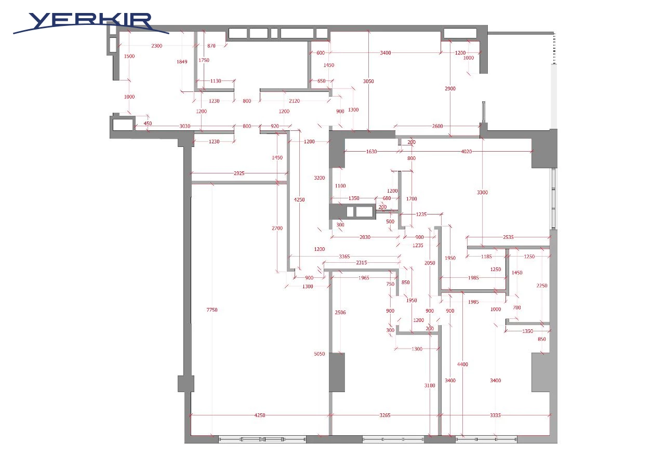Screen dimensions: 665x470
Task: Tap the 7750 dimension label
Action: [212, 310]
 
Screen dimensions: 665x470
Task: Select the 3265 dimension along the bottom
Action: [385, 415]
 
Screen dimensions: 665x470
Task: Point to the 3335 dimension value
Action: [495, 415]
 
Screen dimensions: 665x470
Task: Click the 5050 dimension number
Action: [320, 354]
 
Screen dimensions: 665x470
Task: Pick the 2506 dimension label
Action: [340, 312]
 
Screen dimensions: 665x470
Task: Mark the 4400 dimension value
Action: [462, 364]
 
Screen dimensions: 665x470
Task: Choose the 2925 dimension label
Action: [239, 173]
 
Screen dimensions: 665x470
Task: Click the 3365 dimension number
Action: [344, 256]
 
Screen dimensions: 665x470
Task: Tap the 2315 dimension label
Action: [362, 262]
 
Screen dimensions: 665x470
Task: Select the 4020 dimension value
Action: [467, 151]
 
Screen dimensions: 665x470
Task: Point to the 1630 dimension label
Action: [371, 151]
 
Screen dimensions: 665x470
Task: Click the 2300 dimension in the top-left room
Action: [157, 46]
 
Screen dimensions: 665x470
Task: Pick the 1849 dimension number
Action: [182, 62]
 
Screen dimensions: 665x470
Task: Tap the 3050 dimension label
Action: [368, 81]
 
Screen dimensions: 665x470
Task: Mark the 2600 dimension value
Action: [437, 126]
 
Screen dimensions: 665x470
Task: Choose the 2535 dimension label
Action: [508, 237]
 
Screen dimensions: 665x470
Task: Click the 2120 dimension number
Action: [294, 101]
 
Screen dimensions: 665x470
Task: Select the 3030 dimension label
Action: [184, 126]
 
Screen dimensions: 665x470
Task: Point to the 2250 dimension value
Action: [542, 286]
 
